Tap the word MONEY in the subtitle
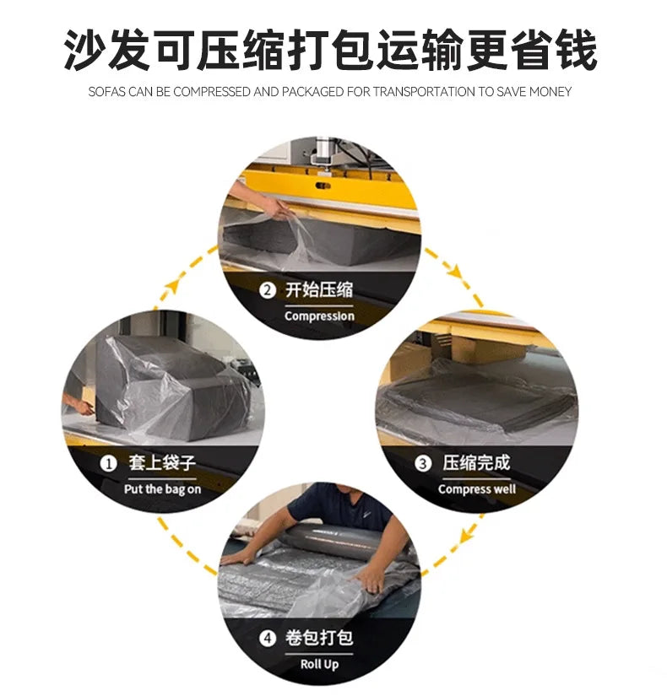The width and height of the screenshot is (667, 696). pyautogui.click(x=549, y=91)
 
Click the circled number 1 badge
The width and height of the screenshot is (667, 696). pyautogui.click(x=108, y=463)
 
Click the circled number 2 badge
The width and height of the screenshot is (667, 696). pyautogui.click(x=267, y=291)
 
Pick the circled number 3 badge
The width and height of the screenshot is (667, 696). pyautogui.click(x=422, y=463)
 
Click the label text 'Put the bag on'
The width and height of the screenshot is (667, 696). pyautogui.click(x=162, y=489)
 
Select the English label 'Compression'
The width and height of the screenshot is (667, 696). pyautogui.click(x=319, y=316)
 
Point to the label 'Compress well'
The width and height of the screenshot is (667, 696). pyautogui.click(x=476, y=489)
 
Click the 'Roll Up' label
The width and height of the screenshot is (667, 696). pyautogui.click(x=318, y=664)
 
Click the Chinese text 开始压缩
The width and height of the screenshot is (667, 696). pyautogui.click(x=319, y=291)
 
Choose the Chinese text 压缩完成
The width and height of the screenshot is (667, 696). pyautogui.click(x=476, y=463)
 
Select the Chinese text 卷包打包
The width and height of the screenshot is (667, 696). pyautogui.click(x=319, y=638)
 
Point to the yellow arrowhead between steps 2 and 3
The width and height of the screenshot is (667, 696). pyautogui.click(x=457, y=272)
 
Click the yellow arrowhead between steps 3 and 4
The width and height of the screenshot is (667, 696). pyautogui.click(x=466, y=534)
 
